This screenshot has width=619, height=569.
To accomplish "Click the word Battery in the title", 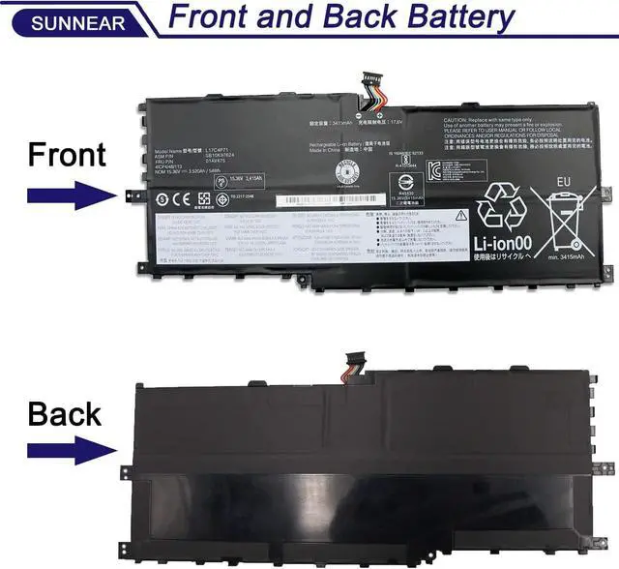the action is click(449, 18).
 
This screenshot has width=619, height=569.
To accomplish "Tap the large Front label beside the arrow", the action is click(67, 155).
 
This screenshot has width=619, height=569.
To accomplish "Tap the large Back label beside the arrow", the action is click(65, 414).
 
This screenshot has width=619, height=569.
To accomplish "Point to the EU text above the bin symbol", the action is click(562, 180).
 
